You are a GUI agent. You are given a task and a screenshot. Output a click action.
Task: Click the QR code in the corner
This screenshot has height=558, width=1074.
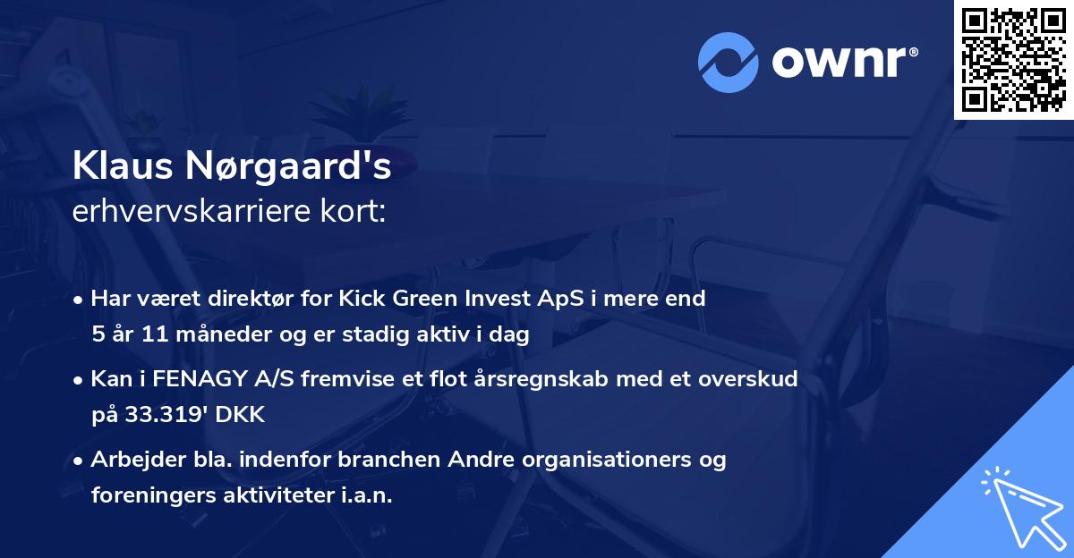tap(1014, 59)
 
